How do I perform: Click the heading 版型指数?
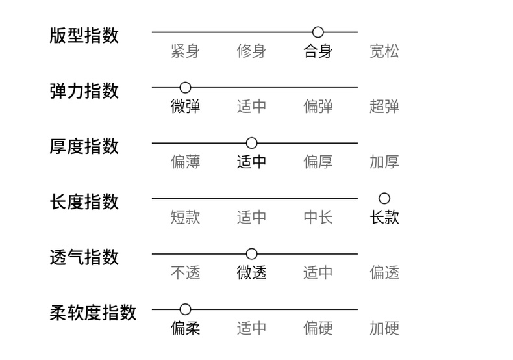point(84,35)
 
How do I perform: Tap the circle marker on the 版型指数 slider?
point(318,32)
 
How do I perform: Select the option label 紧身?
point(185,51)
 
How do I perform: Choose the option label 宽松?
point(384,51)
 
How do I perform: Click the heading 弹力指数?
point(84,90)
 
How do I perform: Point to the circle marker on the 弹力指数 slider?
point(185,87)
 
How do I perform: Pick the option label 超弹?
point(384,107)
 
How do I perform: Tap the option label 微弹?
point(185,107)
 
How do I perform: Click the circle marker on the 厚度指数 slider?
point(251,143)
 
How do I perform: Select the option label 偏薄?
point(185,162)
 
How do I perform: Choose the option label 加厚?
point(384,162)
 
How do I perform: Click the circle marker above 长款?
point(384,198)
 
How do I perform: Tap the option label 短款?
point(185,217)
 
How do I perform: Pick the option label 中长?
point(318,217)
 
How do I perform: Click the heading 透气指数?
point(84,257)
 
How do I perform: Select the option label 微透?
point(251,273)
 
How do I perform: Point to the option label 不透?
point(185,273)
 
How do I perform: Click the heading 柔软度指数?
point(93,313)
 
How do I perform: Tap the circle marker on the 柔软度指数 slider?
point(185,309)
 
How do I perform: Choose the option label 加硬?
point(384,328)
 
